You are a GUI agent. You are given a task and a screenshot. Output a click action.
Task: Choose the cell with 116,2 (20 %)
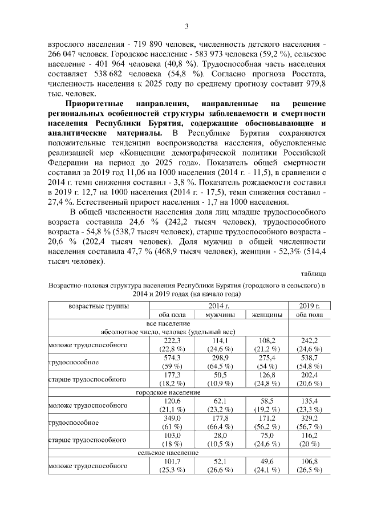click(307, 441)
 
